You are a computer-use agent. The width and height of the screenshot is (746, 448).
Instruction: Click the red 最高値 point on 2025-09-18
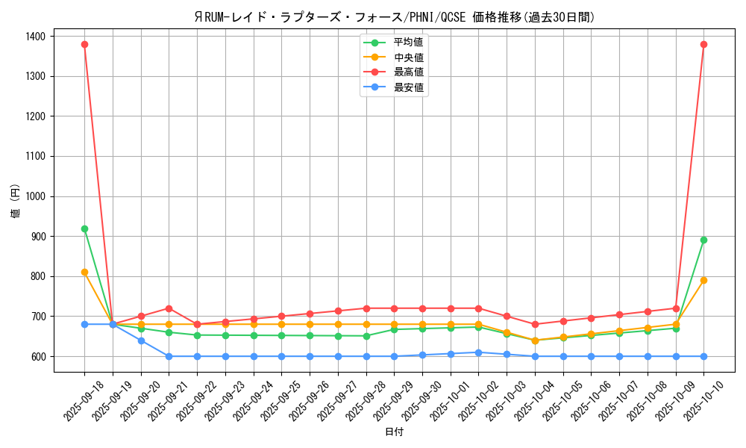(x=84, y=44)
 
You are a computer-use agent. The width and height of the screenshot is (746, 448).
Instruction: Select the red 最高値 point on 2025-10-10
(x=703, y=44)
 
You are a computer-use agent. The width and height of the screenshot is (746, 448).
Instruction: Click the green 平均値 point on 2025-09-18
(x=84, y=228)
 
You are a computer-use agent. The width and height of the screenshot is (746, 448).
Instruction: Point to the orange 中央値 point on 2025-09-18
(x=84, y=272)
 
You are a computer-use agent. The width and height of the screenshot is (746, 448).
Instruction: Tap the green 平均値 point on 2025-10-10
(x=703, y=240)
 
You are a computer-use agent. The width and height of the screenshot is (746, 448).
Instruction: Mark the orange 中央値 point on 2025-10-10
(x=703, y=280)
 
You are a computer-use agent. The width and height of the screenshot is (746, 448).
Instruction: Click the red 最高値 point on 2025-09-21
(x=169, y=308)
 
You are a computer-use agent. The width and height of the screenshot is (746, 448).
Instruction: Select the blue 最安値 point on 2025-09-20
(x=141, y=340)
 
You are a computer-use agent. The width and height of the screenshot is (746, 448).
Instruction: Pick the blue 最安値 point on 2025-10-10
(x=703, y=356)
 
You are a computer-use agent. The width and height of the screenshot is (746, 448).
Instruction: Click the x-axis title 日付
(x=394, y=432)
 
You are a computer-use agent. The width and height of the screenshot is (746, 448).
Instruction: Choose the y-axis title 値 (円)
(x=15, y=202)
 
